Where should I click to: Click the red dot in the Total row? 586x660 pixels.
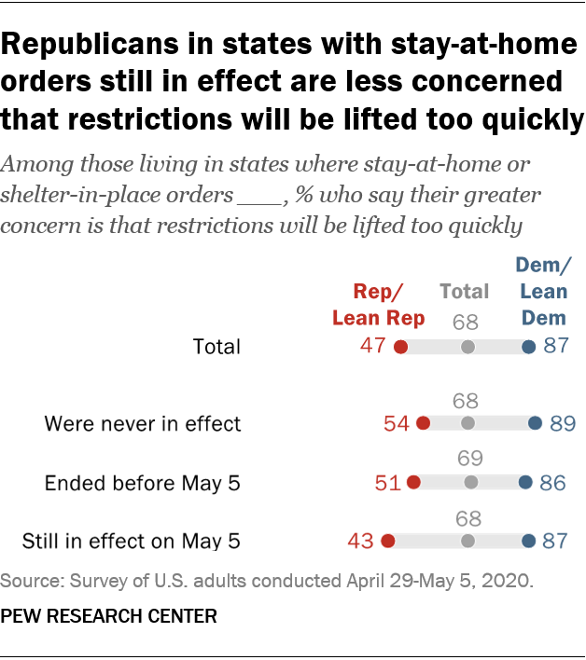[400, 347]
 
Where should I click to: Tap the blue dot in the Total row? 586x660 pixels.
[528, 347]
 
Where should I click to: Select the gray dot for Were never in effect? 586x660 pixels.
[467, 423]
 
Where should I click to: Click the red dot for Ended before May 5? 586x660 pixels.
[413, 483]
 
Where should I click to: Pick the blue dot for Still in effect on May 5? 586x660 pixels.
[528, 541]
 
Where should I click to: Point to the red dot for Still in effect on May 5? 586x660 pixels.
[388, 541]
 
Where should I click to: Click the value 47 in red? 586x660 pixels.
[373, 347]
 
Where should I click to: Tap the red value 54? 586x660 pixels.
[397, 423]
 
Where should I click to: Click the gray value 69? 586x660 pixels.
[471, 460]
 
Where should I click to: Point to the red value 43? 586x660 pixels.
[360, 541]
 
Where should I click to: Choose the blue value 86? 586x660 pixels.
[552, 483]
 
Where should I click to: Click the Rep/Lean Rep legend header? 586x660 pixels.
[378, 304]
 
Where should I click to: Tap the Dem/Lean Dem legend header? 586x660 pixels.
[544, 291]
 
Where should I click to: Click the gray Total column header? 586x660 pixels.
[465, 291]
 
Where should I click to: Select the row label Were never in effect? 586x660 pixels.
[143, 424]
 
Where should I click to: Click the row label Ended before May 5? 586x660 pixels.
[143, 483]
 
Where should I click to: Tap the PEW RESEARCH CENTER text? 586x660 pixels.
[109, 616]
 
